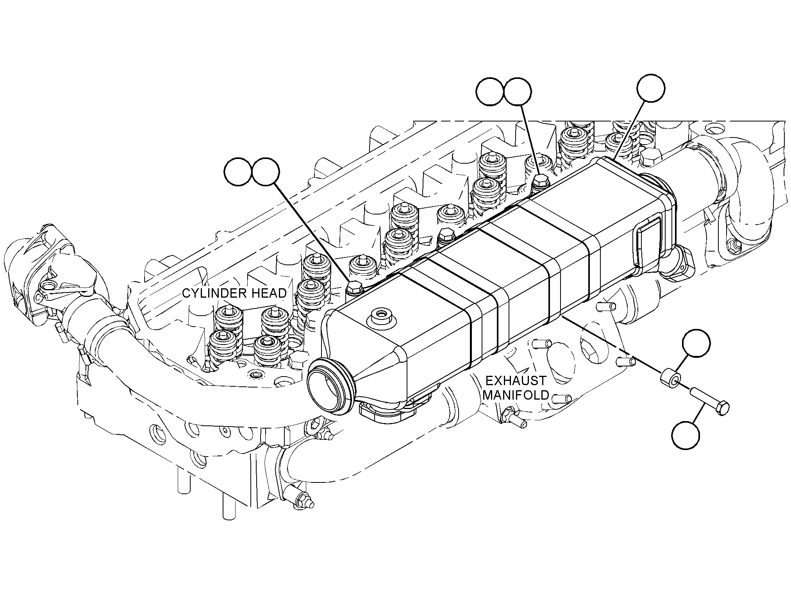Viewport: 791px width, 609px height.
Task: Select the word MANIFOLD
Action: point(516,395)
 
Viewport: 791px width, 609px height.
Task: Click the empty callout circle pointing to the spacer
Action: point(696,343)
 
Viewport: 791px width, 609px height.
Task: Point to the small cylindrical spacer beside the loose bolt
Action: point(671,380)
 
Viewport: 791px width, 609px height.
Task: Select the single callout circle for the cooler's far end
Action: point(651,89)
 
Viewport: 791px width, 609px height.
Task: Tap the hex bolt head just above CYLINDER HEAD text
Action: point(354,288)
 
